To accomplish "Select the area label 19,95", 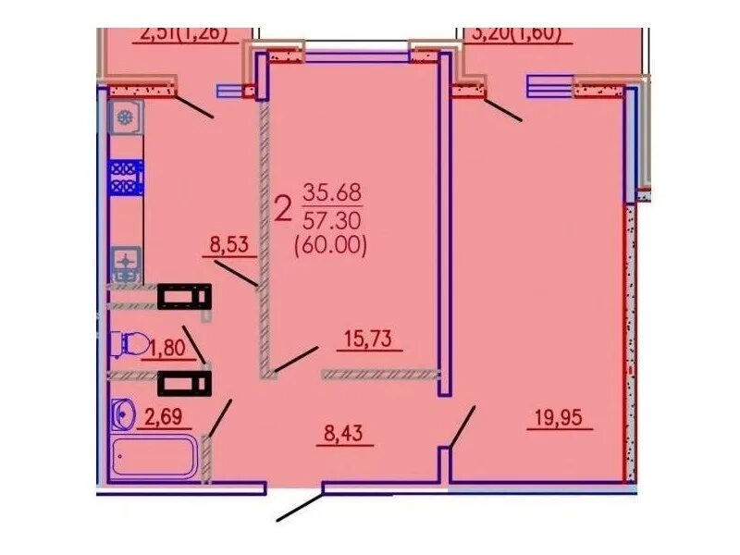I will click(x=561, y=418).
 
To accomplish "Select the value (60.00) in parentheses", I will click(x=330, y=246).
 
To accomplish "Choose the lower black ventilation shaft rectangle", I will click(x=184, y=381).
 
